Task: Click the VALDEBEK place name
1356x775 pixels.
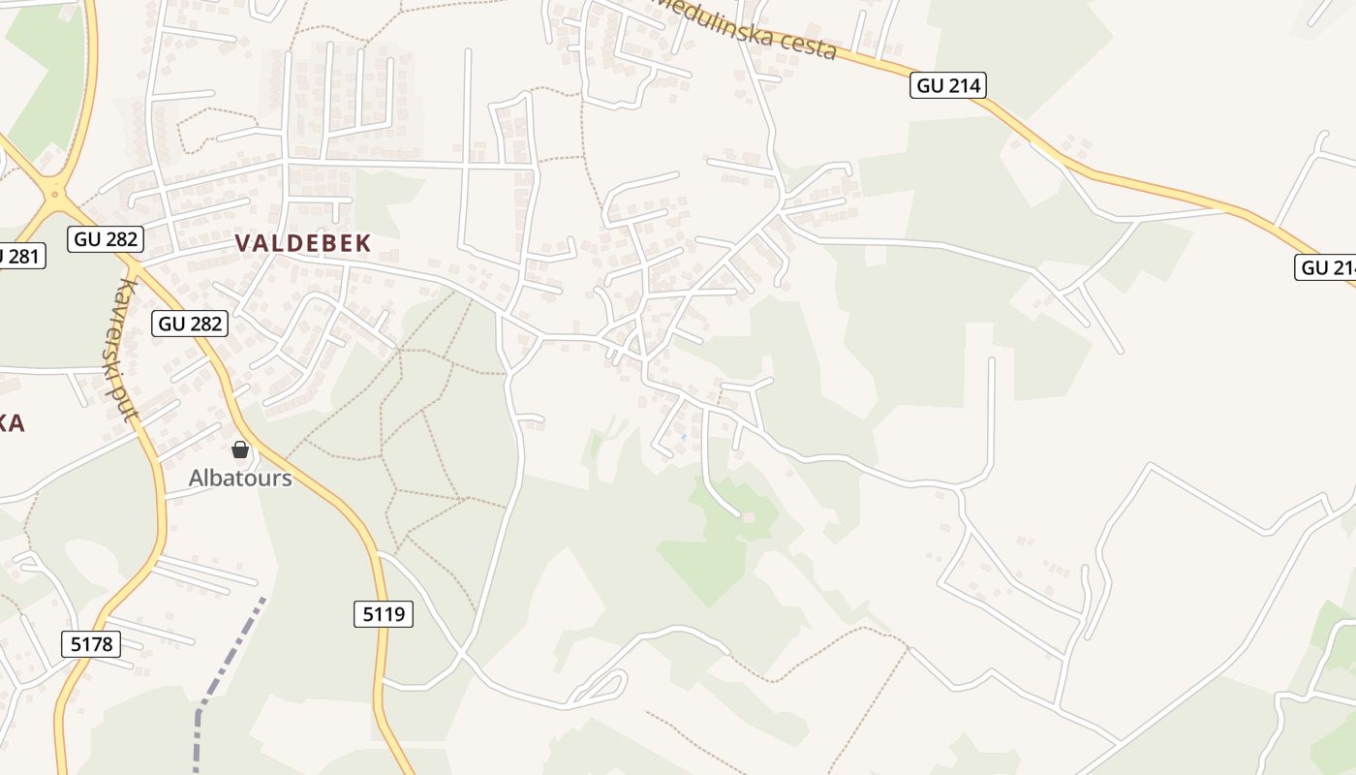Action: (x=303, y=243)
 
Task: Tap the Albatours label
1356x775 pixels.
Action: (x=240, y=478)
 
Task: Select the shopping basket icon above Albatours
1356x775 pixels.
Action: (x=240, y=449)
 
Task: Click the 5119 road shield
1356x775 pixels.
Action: (x=383, y=613)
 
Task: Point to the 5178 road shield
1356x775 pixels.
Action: (x=91, y=644)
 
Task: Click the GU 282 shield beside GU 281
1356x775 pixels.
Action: (x=106, y=238)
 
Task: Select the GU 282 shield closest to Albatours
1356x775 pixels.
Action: (x=190, y=324)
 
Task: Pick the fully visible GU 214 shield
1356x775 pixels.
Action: (x=948, y=85)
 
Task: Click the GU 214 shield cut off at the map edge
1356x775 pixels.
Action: (x=1325, y=267)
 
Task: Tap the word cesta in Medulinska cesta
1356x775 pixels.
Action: (x=801, y=44)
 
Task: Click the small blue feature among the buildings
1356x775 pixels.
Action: (x=683, y=438)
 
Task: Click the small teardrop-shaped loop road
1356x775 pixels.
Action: (x=601, y=687)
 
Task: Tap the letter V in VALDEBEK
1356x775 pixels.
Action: (x=243, y=243)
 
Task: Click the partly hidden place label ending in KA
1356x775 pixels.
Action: (x=12, y=422)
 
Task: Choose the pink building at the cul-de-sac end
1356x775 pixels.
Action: (x=748, y=516)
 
